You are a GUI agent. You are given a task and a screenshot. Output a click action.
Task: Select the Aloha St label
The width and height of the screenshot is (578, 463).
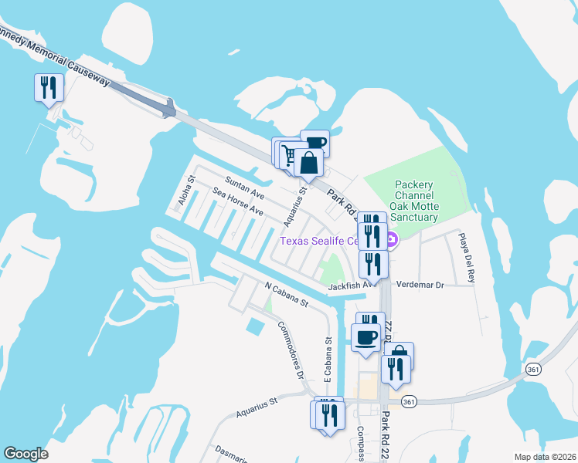pyautogui.click(x=185, y=190)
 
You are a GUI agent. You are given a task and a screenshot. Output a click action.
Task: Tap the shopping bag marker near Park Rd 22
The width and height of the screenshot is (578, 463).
pyautogui.click(x=308, y=164)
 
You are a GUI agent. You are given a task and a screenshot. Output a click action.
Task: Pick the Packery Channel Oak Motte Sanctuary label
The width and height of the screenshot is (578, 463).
pyautogui.click(x=416, y=201)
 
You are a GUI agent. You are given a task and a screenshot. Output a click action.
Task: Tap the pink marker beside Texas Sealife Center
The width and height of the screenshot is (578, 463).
pyautogui.click(x=392, y=241)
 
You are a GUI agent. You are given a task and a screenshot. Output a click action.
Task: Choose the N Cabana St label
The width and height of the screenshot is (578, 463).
pyautogui.click(x=286, y=293)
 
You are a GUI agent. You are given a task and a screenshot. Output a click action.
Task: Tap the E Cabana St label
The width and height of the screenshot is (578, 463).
pyautogui.click(x=328, y=360)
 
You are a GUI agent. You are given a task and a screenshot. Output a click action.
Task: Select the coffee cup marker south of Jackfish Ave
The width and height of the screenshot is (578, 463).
pyautogui.click(x=366, y=337)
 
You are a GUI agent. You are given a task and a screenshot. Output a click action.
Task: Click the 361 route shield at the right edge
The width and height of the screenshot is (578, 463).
pyautogui.click(x=532, y=370)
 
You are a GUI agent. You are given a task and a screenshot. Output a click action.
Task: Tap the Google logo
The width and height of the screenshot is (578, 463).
pyautogui.click(x=26, y=454)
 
